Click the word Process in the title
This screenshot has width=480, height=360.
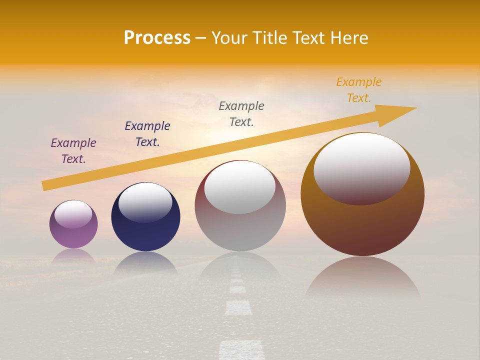point(157,38)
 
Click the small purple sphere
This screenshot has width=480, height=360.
point(73,235)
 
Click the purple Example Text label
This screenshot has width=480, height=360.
point(73,151)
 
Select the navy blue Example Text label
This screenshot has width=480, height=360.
point(147,134)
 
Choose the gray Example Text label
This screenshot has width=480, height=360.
point(241,113)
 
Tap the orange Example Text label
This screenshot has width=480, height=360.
point(358,90)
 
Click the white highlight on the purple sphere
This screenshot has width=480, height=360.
point(73,214)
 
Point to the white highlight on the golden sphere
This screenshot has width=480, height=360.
point(361,167)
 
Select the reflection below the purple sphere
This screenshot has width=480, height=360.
point(73,256)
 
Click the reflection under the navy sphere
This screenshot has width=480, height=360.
point(145,263)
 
